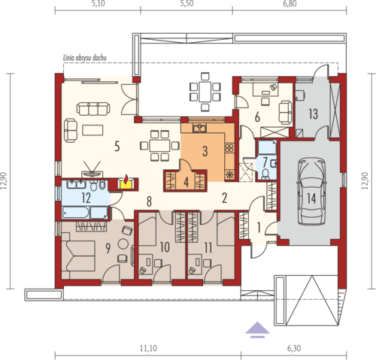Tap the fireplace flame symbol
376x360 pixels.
tap(126, 179)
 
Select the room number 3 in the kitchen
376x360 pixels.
tap(205, 151)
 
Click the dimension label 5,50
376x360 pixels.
tap(186, 4)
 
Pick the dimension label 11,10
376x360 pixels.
tap(148, 348)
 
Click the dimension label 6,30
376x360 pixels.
tap(294, 348)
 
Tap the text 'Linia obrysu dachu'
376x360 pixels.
tap(85, 58)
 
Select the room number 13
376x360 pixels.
tap(313, 114)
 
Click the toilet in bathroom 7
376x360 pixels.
tap(265, 174)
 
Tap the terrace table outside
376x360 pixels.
tap(205, 92)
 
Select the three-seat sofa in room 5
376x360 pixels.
tap(93, 109)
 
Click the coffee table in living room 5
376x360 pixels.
tap(92, 130)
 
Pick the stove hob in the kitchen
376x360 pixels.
tap(229, 148)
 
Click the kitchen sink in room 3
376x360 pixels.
tap(199, 129)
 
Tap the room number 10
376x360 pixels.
tap(165, 247)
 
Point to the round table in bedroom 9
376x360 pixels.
tap(123, 244)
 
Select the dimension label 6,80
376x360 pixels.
tap(290, 4)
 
